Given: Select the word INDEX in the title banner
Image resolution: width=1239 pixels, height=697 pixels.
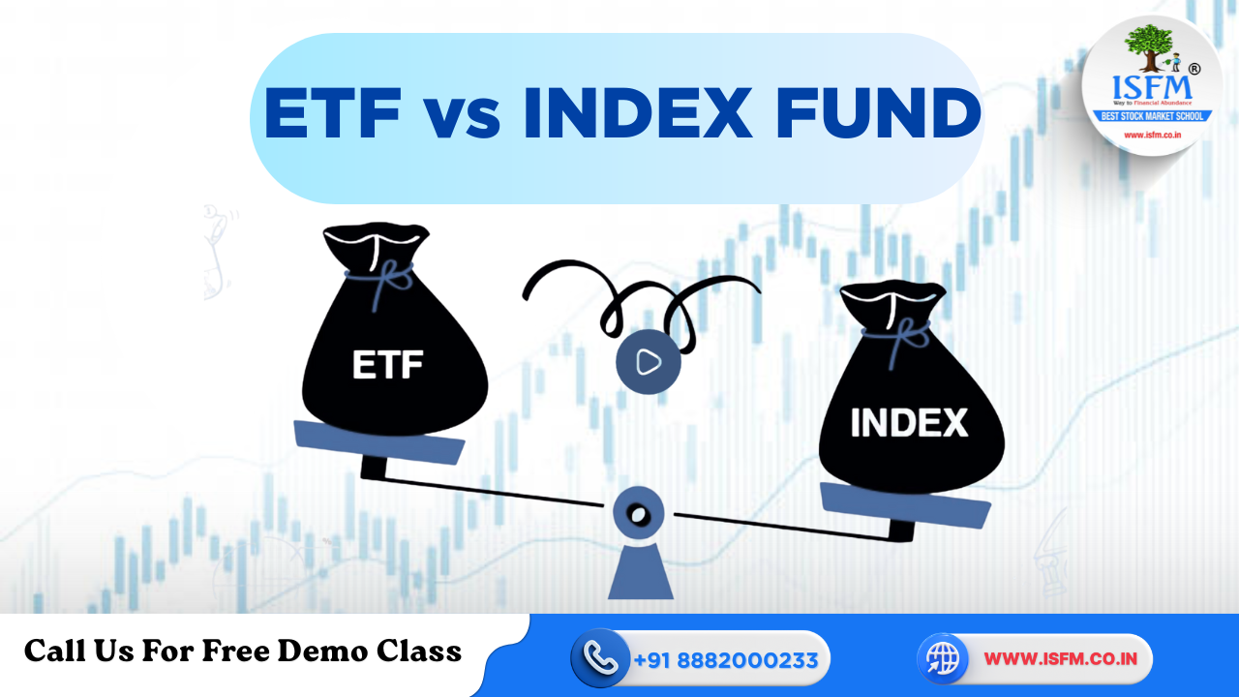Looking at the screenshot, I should (x=637, y=113).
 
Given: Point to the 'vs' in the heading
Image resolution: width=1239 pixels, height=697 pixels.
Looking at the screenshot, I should (x=462, y=116).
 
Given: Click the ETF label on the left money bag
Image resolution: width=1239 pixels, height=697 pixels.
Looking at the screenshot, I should (x=388, y=367).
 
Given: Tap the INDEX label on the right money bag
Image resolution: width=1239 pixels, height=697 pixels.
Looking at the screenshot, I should (x=908, y=423).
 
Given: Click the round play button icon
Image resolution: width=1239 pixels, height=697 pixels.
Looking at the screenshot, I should (x=648, y=362).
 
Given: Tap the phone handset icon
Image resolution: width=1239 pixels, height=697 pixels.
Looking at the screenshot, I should (x=601, y=658).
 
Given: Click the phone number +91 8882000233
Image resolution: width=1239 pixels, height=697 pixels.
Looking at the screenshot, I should (x=726, y=660).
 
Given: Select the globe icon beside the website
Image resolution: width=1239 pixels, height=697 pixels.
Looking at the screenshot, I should (x=942, y=658).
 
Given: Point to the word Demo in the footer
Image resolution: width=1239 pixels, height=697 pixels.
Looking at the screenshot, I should (x=319, y=651).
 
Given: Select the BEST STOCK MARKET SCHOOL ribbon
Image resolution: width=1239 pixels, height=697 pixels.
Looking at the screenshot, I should (x=1152, y=116).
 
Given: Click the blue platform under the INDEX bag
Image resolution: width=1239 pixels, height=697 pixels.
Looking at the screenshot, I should (x=905, y=502).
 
